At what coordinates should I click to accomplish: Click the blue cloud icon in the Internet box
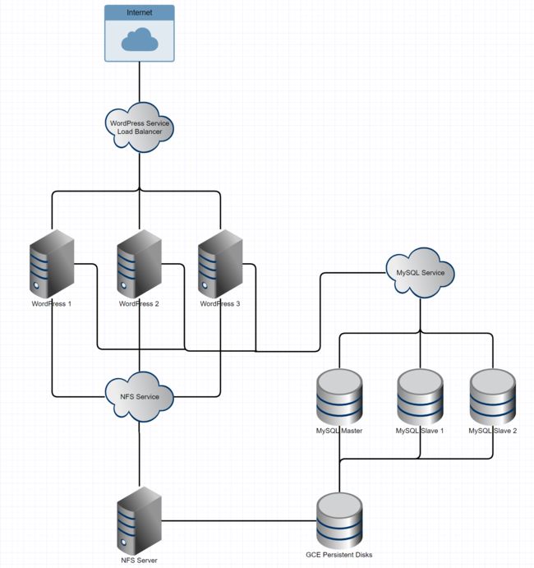140,39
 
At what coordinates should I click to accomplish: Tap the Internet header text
140,12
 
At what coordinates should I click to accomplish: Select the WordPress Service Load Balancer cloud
140,127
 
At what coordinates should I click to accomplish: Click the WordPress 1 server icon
52,264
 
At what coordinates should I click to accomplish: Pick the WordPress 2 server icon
140,264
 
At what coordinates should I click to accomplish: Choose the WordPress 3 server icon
220,264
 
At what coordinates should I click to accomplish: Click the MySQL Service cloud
421,273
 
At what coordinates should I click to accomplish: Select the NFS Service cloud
140,397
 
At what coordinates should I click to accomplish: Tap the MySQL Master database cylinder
339,397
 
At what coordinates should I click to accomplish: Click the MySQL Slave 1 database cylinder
421,397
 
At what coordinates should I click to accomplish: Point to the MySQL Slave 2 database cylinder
493,397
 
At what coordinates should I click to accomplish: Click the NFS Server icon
140,521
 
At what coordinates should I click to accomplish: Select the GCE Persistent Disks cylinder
339,521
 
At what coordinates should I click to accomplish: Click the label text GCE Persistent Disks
338,555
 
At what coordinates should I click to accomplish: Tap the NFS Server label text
139,561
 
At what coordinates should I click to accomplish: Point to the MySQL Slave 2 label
493,431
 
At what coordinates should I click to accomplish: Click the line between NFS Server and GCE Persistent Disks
239,521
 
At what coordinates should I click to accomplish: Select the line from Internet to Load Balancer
140,82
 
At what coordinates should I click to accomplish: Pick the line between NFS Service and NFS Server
140,455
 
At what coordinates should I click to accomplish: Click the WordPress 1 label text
52,304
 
